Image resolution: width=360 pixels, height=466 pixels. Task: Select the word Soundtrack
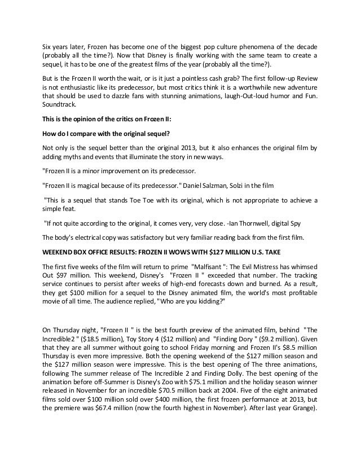(x=63, y=104)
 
